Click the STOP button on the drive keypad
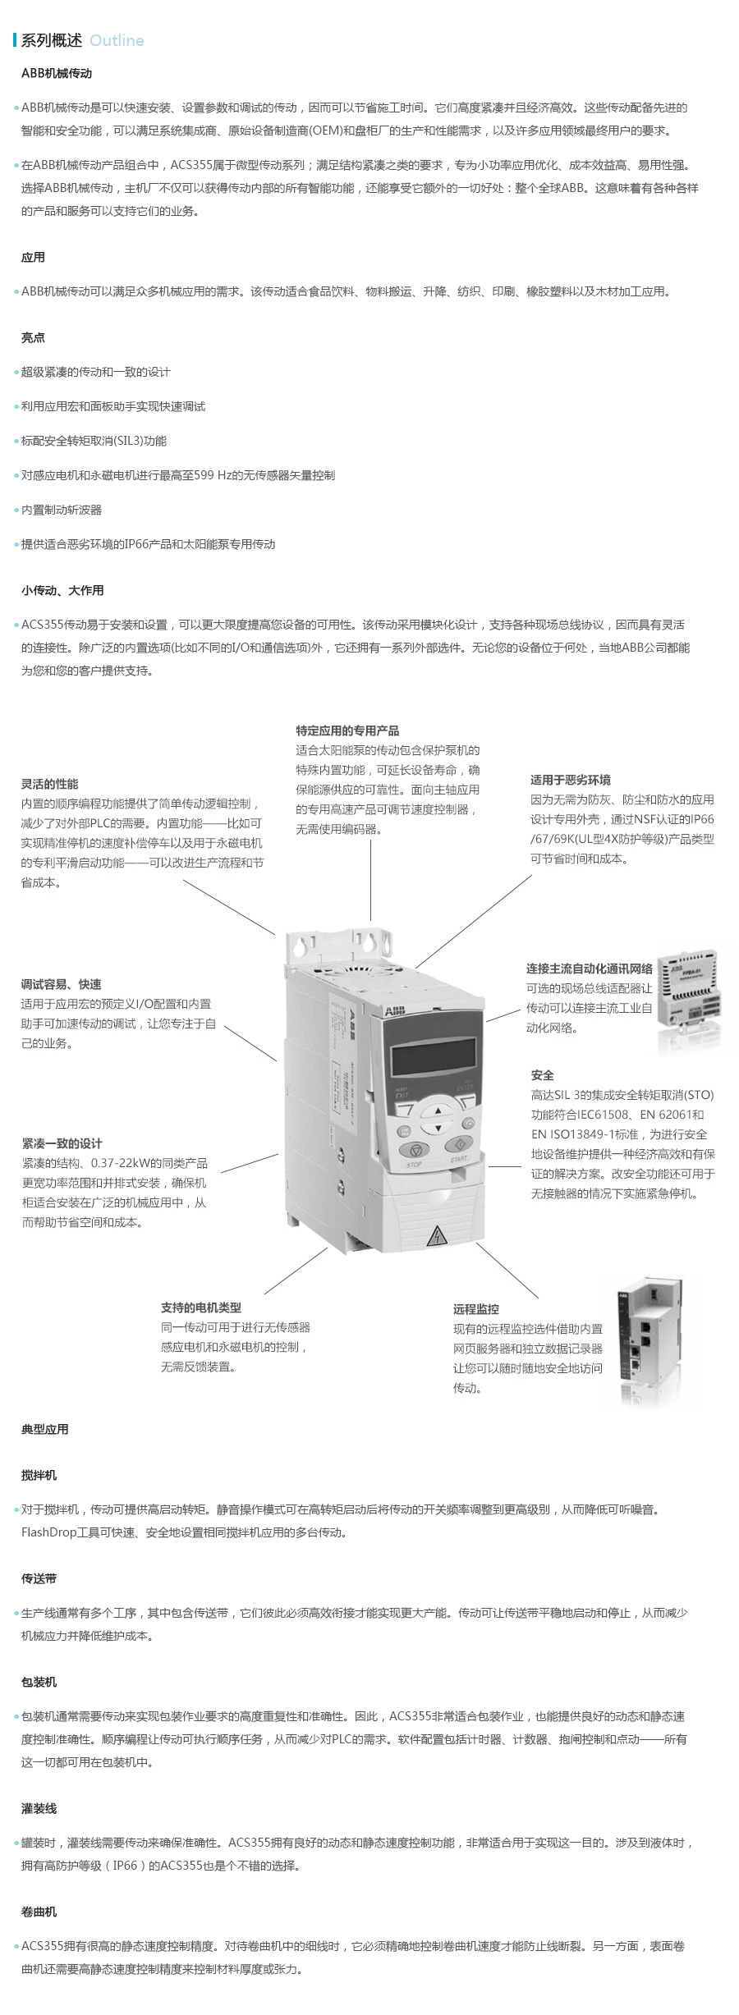coord(415,1150)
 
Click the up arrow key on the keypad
coord(438,1109)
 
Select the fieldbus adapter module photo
coord(689,1001)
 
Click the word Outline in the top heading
coord(117,41)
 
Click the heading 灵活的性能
coord(50,784)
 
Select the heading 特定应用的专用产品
coord(347,730)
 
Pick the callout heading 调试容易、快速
coord(62,984)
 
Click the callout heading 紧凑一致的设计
coord(62,1143)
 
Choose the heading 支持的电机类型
coord(201,1307)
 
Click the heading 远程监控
coord(476,1309)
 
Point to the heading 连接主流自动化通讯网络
coord(590,969)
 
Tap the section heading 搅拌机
coord(39,1475)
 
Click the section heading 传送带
coord(39,1578)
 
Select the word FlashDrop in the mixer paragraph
coord(48,1532)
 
